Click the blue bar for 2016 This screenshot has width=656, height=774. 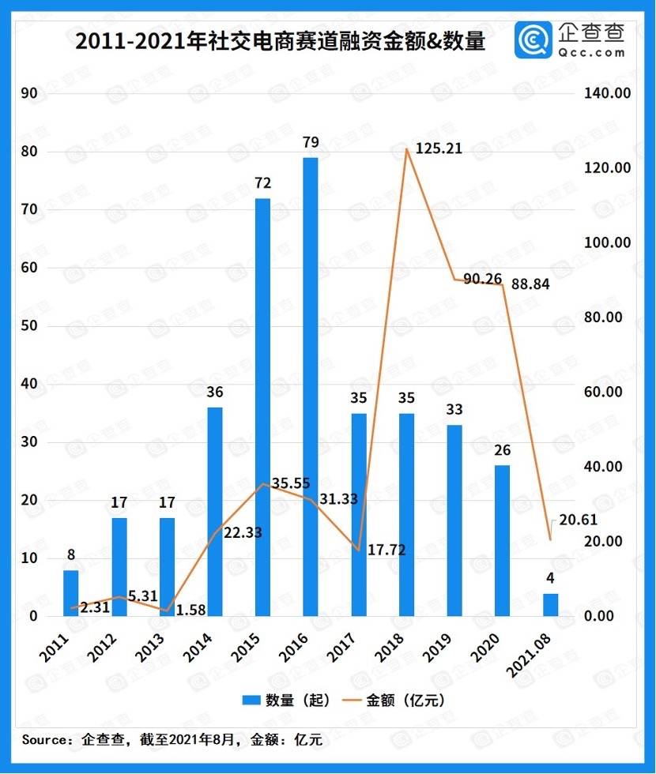311,387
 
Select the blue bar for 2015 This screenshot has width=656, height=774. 262,407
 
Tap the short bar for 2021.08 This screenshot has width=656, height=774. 550,605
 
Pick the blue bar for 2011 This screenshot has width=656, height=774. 71,593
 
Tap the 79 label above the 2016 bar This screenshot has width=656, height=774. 311,142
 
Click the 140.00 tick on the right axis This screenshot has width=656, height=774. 607,93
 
